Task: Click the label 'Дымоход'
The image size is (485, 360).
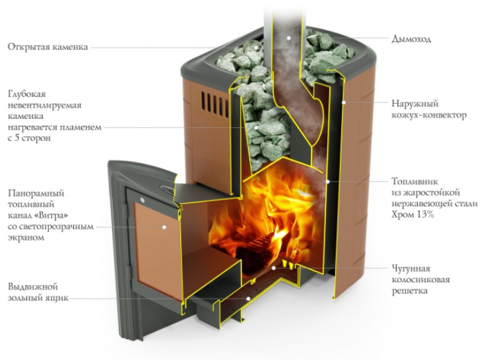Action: [x=411, y=39]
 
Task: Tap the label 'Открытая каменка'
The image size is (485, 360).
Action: [x=48, y=47]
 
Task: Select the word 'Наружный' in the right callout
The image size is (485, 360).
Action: [x=415, y=103]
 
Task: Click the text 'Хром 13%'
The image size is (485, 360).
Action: [x=413, y=214]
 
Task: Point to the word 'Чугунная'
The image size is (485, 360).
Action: [x=411, y=269]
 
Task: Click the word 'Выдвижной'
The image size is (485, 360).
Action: [x=33, y=287]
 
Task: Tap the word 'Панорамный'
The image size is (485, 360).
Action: [x=36, y=193]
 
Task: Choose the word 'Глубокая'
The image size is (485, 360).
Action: [x=27, y=94]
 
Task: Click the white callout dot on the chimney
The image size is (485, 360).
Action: [x=289, y=38]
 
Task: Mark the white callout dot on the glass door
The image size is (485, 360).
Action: [x=164, y=227]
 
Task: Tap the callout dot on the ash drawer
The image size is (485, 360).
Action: [x=248, y=299]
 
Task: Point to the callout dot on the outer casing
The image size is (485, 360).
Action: [x=343, y=102]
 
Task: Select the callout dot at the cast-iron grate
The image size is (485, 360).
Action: [x=274, y=268]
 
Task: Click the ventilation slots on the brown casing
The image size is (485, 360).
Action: [x=214, y=101]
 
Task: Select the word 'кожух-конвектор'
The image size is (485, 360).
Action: [x=429, y=115]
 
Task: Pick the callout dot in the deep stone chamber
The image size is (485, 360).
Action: [x=256, y=127]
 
